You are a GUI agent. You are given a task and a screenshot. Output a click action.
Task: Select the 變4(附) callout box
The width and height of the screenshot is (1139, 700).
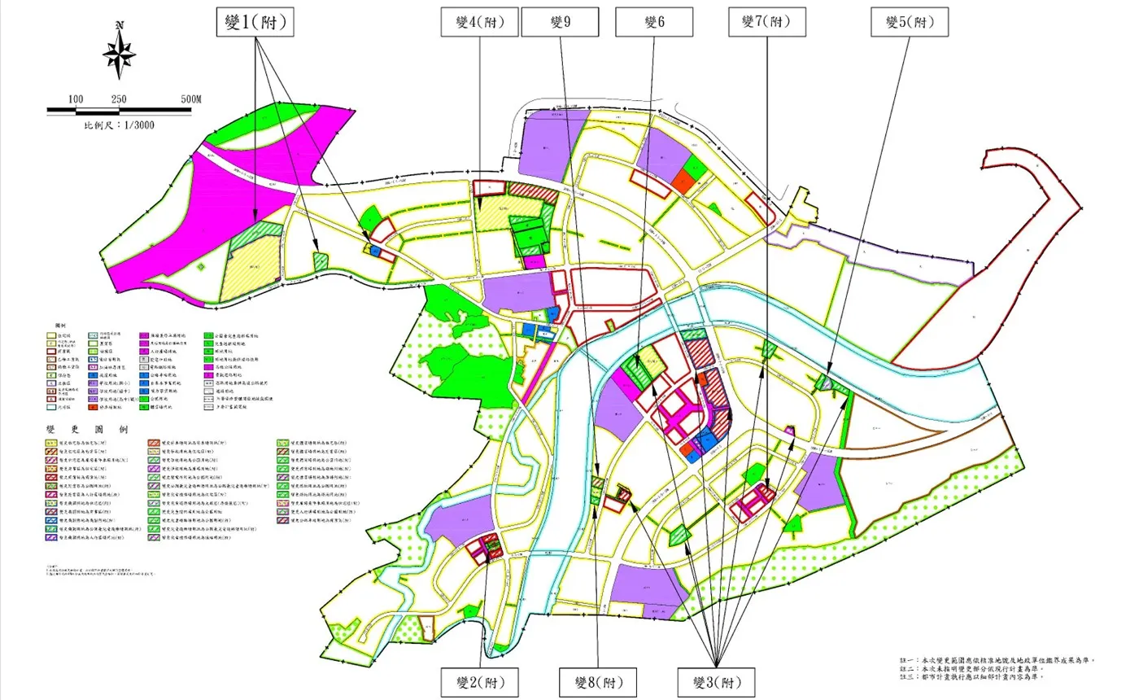[x=479, y=23]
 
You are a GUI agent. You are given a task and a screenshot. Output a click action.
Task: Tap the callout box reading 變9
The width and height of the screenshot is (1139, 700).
[x=561, y=23]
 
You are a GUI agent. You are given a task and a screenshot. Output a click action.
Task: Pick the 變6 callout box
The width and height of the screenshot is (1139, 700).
[x=654, y=23]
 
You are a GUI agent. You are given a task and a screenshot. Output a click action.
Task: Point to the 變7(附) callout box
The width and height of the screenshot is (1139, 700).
[x=766, y=23]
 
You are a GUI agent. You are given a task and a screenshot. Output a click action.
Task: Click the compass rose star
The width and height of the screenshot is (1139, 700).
[x=120, y=55]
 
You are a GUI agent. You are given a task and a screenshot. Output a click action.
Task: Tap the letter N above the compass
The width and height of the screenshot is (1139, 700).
[x=120, y=26]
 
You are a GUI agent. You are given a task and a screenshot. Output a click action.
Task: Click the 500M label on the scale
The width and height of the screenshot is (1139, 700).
[x=190, y=98]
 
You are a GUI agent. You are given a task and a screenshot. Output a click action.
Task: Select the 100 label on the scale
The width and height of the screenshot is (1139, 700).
[x=76, y=98]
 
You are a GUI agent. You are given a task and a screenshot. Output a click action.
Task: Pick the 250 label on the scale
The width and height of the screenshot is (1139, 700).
[x=118, y=98]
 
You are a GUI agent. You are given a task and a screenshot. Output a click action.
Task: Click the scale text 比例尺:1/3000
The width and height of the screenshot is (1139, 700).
[x=119, y=125]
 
